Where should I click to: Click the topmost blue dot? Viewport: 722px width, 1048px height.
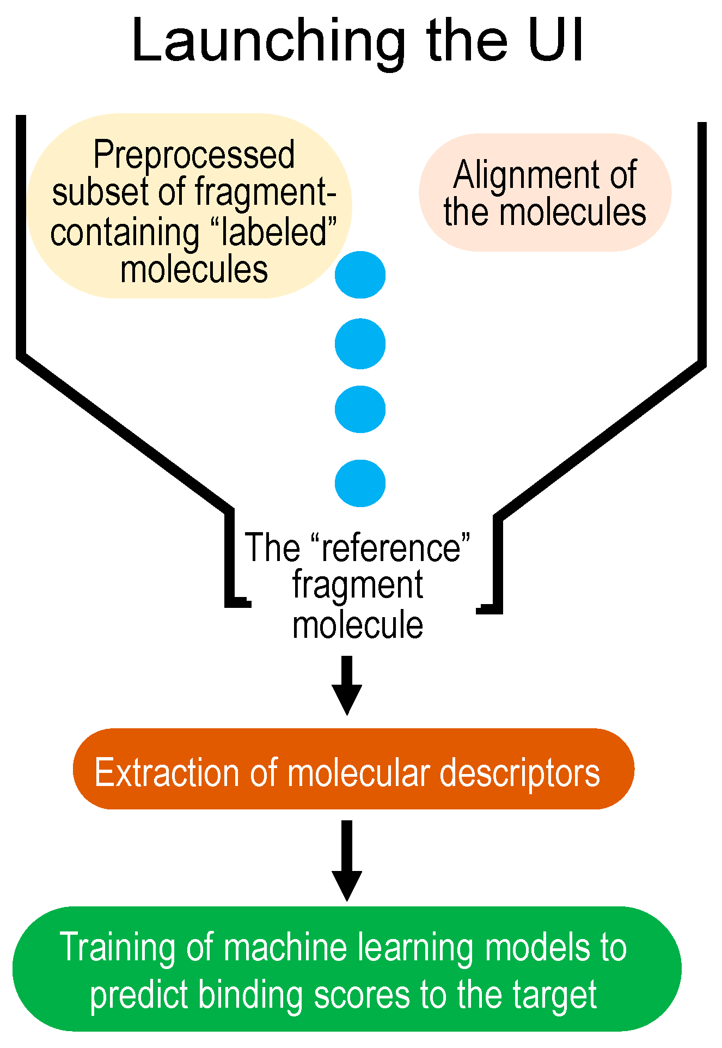tap(360, 275)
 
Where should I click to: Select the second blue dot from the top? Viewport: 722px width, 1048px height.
tap(360, 344)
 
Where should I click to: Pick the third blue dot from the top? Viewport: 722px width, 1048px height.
tap(360, 409)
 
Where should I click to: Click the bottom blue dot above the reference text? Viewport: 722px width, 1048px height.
tap(360, 483)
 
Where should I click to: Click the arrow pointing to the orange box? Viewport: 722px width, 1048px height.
tap(347, 685)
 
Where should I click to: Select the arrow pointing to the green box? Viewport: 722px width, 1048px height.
tap(347, 861)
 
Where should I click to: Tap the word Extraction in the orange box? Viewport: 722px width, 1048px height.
tap(167, 772)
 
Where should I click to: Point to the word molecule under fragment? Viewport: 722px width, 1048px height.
tap(358, 625)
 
